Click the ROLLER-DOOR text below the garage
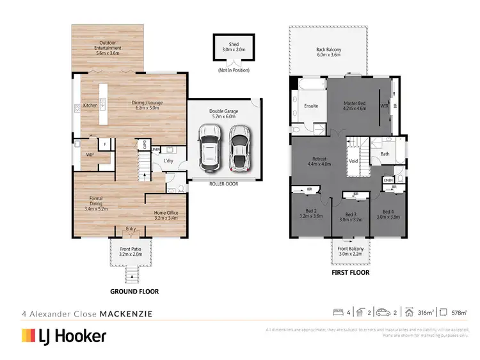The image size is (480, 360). coord(225,183)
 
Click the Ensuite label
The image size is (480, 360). coord(311,106)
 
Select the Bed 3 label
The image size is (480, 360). coord(350,216)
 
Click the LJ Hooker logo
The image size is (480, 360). coord(64,336)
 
